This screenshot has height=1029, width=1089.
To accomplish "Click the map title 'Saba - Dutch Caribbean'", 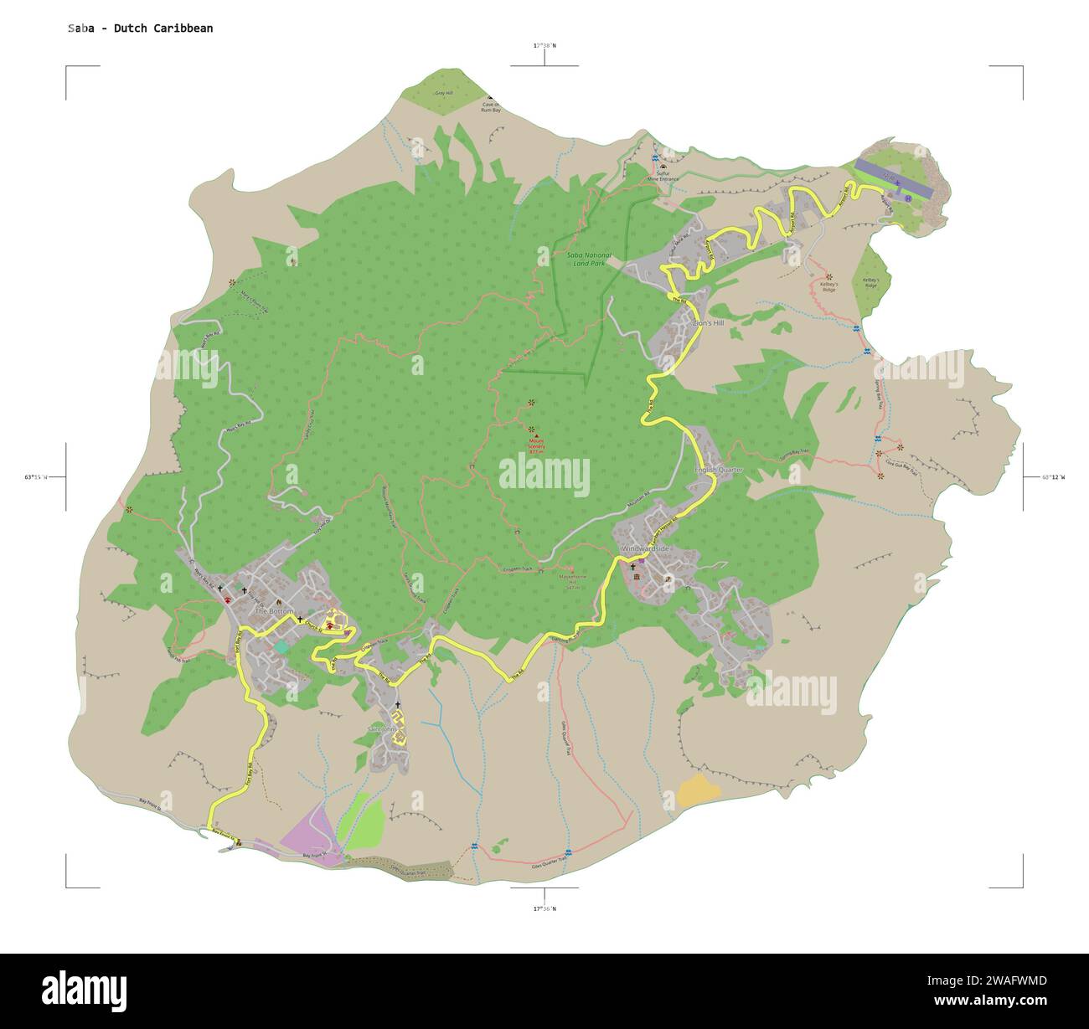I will (140, 28).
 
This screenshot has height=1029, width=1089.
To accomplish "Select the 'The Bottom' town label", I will (273, 611).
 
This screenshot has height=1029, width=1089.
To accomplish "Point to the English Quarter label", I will (719, 471).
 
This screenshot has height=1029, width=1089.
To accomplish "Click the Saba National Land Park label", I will (589, 259).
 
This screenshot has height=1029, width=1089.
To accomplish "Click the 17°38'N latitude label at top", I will (544, 45).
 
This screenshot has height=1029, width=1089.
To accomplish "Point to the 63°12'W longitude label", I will (1051, 477).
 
